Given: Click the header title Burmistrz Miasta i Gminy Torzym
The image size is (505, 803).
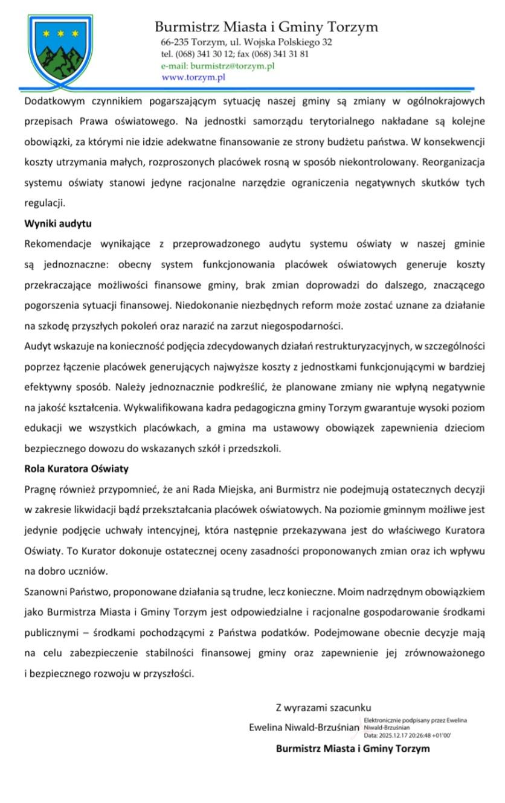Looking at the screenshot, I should (x=266, y=27).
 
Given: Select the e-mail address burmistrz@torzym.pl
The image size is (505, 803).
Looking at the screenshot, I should (x=231, y=66).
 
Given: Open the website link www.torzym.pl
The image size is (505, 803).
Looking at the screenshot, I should (x=193, y=77).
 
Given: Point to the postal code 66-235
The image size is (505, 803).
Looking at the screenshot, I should (x=173, y=42).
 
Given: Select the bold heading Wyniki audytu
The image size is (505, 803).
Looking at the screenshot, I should (x=58, y=223).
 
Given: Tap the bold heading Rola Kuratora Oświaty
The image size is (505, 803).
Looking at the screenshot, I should (x=76, y=468).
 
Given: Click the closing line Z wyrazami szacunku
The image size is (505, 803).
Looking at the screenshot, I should (x=323, y=707).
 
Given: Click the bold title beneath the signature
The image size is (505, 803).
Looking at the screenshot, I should (x=353, y=749).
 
